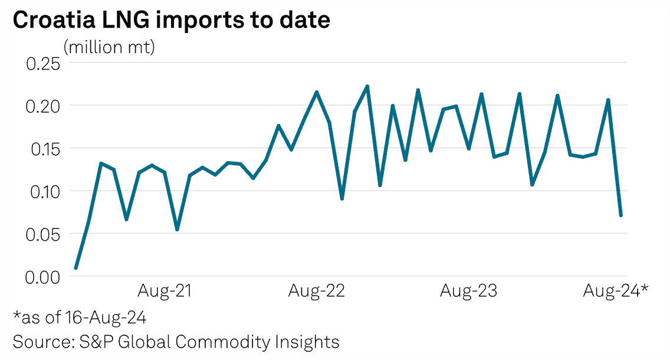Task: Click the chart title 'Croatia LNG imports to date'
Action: pyautogui.click(x=171, y=21)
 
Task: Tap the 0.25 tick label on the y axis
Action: pyautogui.click(x=44, y=63)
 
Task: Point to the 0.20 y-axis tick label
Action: pyautogui.click(x=44, y=106)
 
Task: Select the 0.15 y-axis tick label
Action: pyautogui.click(x=44, y=148)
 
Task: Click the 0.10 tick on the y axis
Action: pyautogui.click(x=44, y=191)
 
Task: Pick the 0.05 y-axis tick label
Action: pyautogui.click(x=44, y=234)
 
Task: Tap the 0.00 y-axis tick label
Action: pyautogui.click(x=44, y=276)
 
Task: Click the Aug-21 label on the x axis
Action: pyautogui.click(x=165, y=291)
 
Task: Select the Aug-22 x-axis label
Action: pyautogui.click(x=317, y=291)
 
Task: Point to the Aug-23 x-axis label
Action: pyautogui.click(x=469, y=291)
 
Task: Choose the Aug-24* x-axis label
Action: pyautogui.click(x=616, y=291)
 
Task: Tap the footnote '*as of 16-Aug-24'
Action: pyautogui.click(x=80, y=318)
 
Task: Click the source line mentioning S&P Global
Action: pyautogui.click(x=176, y=342)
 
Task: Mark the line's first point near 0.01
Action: pyautogui.click(x=75, y=268)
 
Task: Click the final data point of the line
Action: pyautogui.click(x=621, y=215)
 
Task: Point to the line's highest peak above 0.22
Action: pyautogui.click(x=367, y=86)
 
